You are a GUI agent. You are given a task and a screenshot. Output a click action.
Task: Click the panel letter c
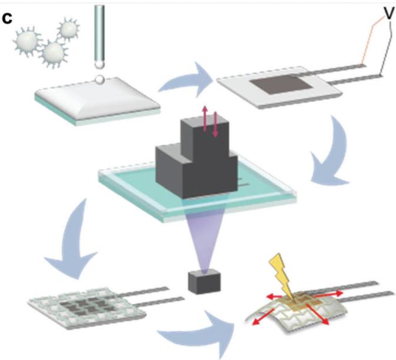[7, 18]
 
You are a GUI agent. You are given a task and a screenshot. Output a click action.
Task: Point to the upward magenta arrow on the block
[205, 119]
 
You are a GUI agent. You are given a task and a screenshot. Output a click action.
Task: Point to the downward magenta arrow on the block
[215, 125]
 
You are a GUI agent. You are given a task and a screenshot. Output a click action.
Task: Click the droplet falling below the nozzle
[99, 79]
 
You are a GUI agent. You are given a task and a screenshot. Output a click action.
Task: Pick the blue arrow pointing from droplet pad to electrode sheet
[187, 80]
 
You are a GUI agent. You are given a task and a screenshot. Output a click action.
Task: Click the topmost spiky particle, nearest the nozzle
[68, 30]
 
